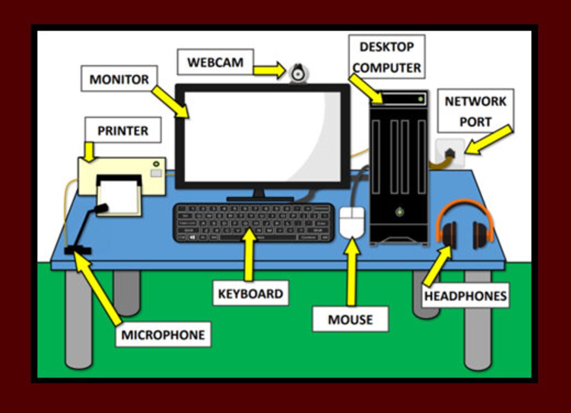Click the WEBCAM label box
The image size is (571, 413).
[x=215, y=62]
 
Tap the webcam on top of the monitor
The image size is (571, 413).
[x=299, y=74]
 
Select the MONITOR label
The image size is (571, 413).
[x=119, y=79]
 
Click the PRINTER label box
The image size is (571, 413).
[x=123, y=130]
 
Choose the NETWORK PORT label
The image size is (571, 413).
[x=475, y=111]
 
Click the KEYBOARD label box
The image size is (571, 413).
[x=250, y=293]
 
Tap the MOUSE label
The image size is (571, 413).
[x=350, y=319]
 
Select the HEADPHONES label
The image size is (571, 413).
[x=465, y=296]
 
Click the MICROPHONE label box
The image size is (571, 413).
[x=163, y=334]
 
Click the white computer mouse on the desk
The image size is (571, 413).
[x=352, y=222]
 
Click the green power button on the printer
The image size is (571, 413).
[x=156, y=163]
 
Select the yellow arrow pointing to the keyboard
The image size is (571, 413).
[x=249, y=254]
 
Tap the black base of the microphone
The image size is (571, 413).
[x=78, y=250]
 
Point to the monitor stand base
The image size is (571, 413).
[x=259, y=198]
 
